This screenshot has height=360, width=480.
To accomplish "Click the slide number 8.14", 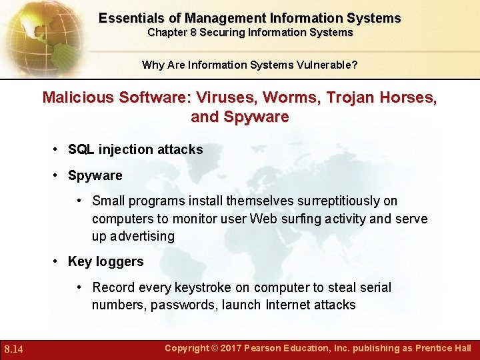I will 14,349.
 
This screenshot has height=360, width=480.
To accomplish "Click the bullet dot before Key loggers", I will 57,261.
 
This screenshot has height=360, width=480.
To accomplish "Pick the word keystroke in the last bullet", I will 203,287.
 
